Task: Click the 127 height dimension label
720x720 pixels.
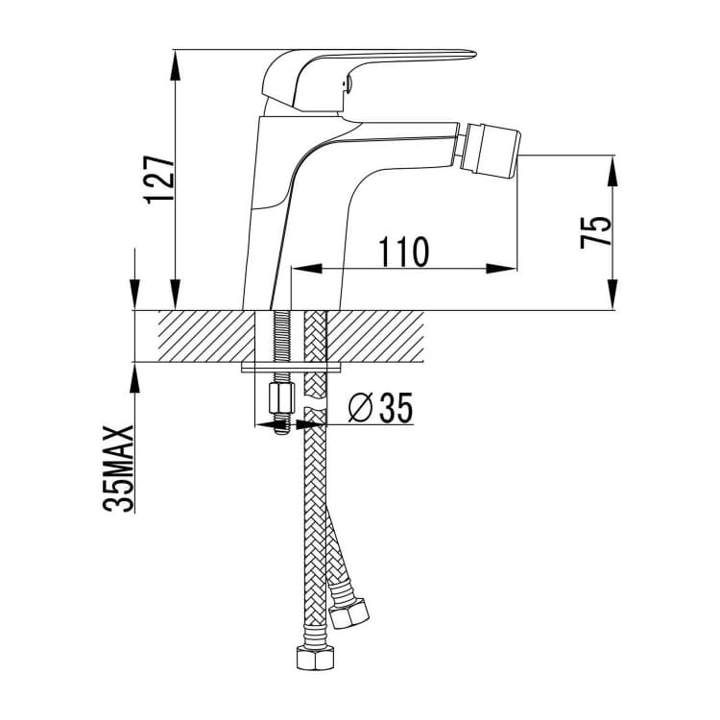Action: click(158, 180)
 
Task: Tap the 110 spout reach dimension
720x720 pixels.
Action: click(403, 252)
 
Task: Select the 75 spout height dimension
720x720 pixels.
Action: click(595, 232)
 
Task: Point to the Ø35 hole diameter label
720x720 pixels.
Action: click(381, 407)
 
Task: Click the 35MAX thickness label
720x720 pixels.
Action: click(118, 468)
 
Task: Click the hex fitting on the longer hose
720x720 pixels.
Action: click(316, 658)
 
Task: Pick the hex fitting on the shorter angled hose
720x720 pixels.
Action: click(349, 613)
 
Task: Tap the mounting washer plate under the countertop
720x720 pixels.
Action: click(292, 368)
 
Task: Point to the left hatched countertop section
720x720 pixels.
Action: click(206, 337)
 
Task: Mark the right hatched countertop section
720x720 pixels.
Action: click(374, 337)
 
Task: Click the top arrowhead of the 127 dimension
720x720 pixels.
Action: click(176, 64)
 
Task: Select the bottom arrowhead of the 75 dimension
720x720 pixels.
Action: click(612, 296)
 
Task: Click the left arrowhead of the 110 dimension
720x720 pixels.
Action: click(307, 269)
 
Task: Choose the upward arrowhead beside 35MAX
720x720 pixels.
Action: click(135, 378)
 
